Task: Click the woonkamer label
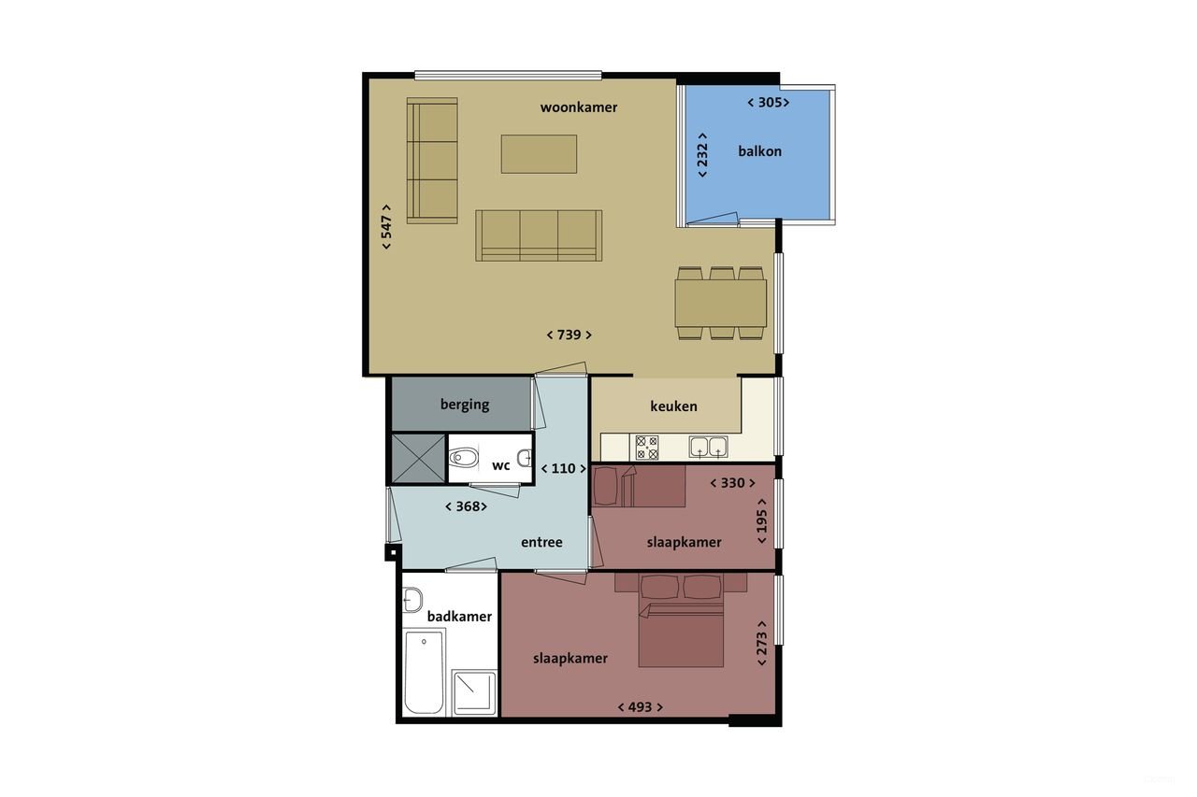coord(579,107)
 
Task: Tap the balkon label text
coord(759,151)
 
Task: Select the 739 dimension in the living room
coord(570,334)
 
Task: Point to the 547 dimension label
coord(386,227)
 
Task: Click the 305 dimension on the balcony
coord(769,103)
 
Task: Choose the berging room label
coord(465,405)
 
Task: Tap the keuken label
coord(673,406)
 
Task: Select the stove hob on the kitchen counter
coord(647,447)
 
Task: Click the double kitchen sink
coord(709,447)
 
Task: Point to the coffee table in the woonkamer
coord(539,154)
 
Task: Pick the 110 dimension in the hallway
coord(563,468)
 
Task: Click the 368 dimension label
coord(466,506)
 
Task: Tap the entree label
coord(541,542)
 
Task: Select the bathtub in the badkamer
coord(424,672)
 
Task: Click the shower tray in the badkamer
coord(474,692)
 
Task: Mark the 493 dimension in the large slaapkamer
coord(640,707)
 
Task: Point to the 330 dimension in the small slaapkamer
coord(733,483)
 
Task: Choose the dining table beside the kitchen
coord(721,303)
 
